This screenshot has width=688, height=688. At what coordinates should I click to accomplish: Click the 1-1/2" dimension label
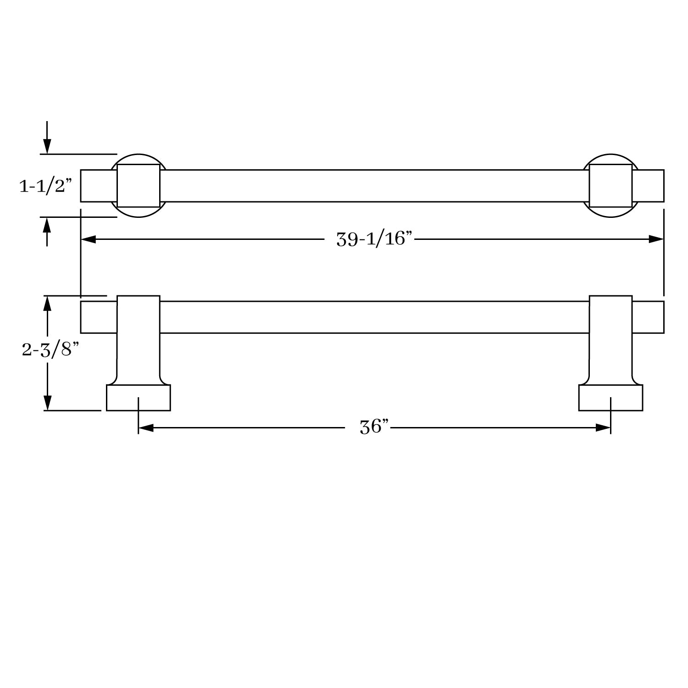pos(46,186)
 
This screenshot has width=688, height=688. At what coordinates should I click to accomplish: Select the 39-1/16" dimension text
pos(375,239)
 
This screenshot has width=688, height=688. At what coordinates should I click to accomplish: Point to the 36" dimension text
pos(374,427)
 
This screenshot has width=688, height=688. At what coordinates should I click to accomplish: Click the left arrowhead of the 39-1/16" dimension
pos(88,239)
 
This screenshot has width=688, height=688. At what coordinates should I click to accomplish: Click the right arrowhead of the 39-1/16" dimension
pos(656,239)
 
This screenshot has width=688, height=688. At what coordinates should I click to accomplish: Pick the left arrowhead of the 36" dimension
pos(145,428)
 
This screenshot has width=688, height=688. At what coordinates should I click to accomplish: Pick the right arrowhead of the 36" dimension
pos(603,428)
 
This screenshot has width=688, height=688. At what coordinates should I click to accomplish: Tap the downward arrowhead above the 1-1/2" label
pos(47,147)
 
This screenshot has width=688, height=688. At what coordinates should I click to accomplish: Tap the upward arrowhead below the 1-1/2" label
pos(47,224)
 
